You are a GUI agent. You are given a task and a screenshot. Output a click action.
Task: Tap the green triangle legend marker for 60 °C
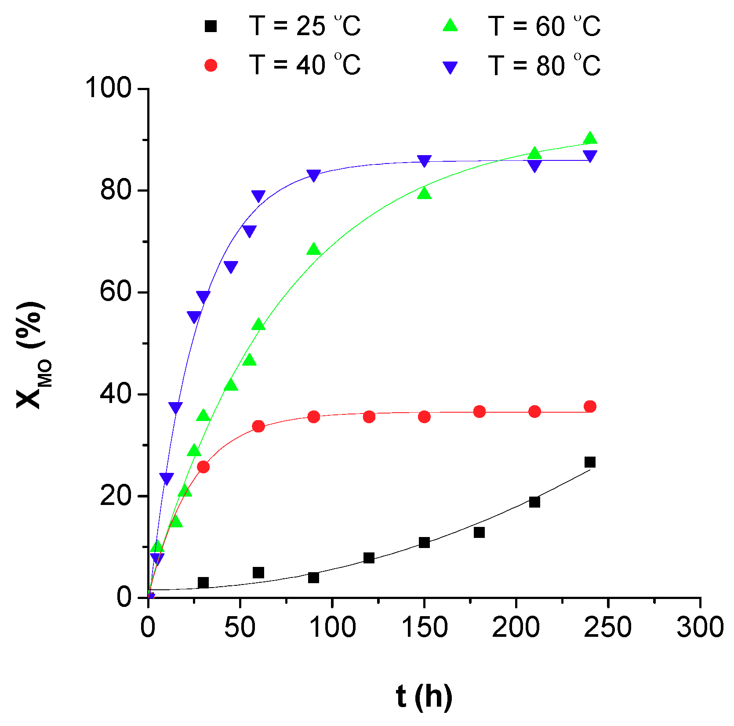point(450,25)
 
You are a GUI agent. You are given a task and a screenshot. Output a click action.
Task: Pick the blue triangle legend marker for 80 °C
point(450,67)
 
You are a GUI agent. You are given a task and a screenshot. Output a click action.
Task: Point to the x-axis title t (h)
point(424,696)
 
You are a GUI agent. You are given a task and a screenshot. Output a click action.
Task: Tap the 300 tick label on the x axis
point(700,627)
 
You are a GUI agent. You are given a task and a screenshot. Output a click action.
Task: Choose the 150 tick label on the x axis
point(425,627)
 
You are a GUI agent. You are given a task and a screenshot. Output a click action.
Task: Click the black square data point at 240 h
point(590,462)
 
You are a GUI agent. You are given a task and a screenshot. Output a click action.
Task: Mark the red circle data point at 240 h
point(590,407)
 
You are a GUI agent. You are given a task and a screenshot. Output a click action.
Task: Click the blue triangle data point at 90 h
point(313,175)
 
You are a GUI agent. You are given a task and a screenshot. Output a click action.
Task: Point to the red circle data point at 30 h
point(203,467)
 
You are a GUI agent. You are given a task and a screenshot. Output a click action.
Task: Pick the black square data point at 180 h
point(479,532)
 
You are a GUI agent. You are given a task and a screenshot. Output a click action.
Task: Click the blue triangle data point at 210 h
point(534,166)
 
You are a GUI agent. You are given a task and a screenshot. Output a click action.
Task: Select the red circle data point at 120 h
point(369,417)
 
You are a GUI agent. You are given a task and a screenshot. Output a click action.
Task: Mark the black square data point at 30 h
point(203,583)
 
